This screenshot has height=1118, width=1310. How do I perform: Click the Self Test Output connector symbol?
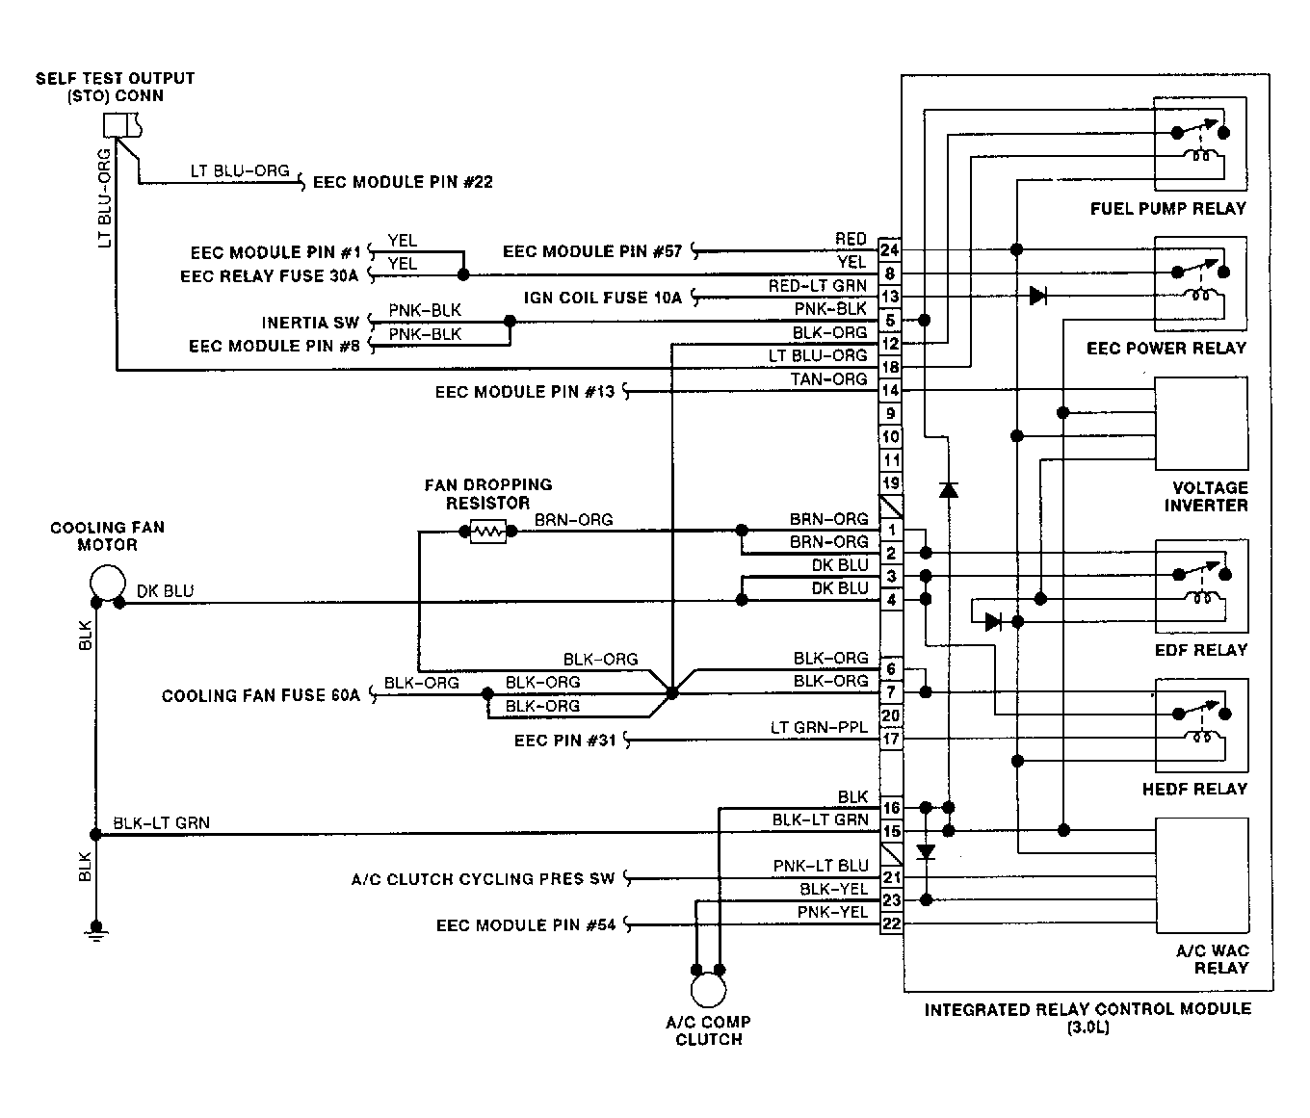pyautogui.click(x=122, y=125)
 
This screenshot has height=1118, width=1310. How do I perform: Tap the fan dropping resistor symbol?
pyautogui.click(x=488, y=531)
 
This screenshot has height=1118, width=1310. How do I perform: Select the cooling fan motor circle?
pyautogui.click(x=108, y=583)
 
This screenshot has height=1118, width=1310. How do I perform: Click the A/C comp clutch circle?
pyautogui.click(x=708, y=989)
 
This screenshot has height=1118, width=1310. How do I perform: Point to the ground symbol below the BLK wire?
pyautogui.click(x=95, y=931)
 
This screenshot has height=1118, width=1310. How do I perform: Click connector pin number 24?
pyautogui.click(x=890, y=249)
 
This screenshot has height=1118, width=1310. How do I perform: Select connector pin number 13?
pyautogui.click(x=890, y=297)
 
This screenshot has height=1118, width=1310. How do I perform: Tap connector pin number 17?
pyautogui.click(x=890, y=739)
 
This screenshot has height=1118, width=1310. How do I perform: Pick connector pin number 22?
pyautogui.click(x=891, y=923)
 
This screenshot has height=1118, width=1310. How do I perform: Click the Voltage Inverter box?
pyautogui.click(x=1201, y=423)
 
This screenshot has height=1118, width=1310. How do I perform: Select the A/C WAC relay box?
pyautogui.click(x=1201, y=875)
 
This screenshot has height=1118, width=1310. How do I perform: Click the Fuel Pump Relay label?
pyautogui.click(x=1167, y=208)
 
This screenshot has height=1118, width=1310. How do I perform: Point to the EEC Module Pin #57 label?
pyautogui.click(x=592, y=251)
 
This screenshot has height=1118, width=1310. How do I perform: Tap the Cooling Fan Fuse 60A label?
pyautogui.click(x=260, y=695)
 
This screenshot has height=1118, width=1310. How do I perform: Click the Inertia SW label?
pyautogui.click(x=310, y=323)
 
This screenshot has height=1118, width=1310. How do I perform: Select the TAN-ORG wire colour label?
pyautogui.click(x=828, y=378)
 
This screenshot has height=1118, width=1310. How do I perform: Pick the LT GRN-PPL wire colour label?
pyautogui.click(x=819, y=727)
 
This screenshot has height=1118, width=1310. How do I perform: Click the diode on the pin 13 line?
pyautogui.click(x=1037, y=296)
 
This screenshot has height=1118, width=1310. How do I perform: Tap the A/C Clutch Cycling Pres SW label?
pyautogui.click(x=483, y=879)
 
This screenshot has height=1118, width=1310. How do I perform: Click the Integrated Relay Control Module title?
pyautogui.click(x=1087, y=1009)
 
